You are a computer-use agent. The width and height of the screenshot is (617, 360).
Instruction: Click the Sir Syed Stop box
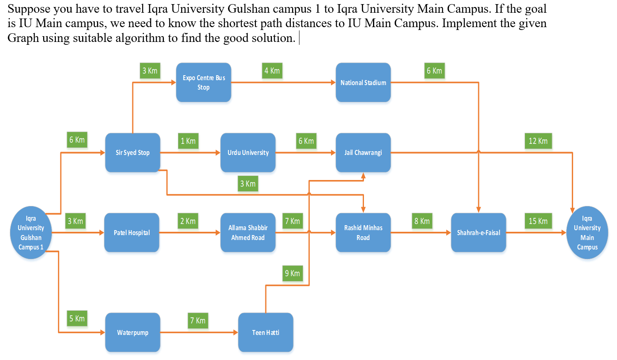tap(132, 152)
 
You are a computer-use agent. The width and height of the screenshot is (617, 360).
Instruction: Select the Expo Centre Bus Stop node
tap(204, 82)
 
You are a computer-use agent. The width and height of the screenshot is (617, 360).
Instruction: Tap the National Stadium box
tap(363, 82)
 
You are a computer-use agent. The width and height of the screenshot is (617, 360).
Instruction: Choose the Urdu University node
tap(248, 152)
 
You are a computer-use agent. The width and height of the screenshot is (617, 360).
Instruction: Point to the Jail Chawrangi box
tap(363, 152)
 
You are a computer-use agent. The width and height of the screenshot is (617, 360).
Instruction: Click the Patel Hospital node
tap(131, 233)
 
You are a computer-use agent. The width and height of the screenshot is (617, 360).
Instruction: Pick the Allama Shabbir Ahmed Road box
tap(248, 233)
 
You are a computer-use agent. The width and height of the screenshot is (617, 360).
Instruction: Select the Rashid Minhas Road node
tap(363, 233)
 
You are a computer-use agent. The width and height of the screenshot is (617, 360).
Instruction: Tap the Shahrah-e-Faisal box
tap(479, 233)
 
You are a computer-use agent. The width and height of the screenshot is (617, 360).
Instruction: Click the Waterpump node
tap(132, 332)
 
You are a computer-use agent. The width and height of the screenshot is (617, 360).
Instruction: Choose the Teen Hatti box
tap(265, 332)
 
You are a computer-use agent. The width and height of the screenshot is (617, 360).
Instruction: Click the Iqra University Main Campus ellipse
tap(587, 233)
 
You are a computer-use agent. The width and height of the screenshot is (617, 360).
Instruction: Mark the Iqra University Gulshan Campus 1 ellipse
tap(31, 233)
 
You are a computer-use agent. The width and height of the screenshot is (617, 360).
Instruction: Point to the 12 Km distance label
tap(538, 141)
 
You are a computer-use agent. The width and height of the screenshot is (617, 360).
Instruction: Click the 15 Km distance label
tap(538, 221)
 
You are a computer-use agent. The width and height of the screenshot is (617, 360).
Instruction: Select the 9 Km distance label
tap(292, 273)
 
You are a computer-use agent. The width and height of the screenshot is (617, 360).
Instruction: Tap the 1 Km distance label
tap(188, 141)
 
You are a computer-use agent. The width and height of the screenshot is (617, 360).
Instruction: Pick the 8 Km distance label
tap(422, 221)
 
